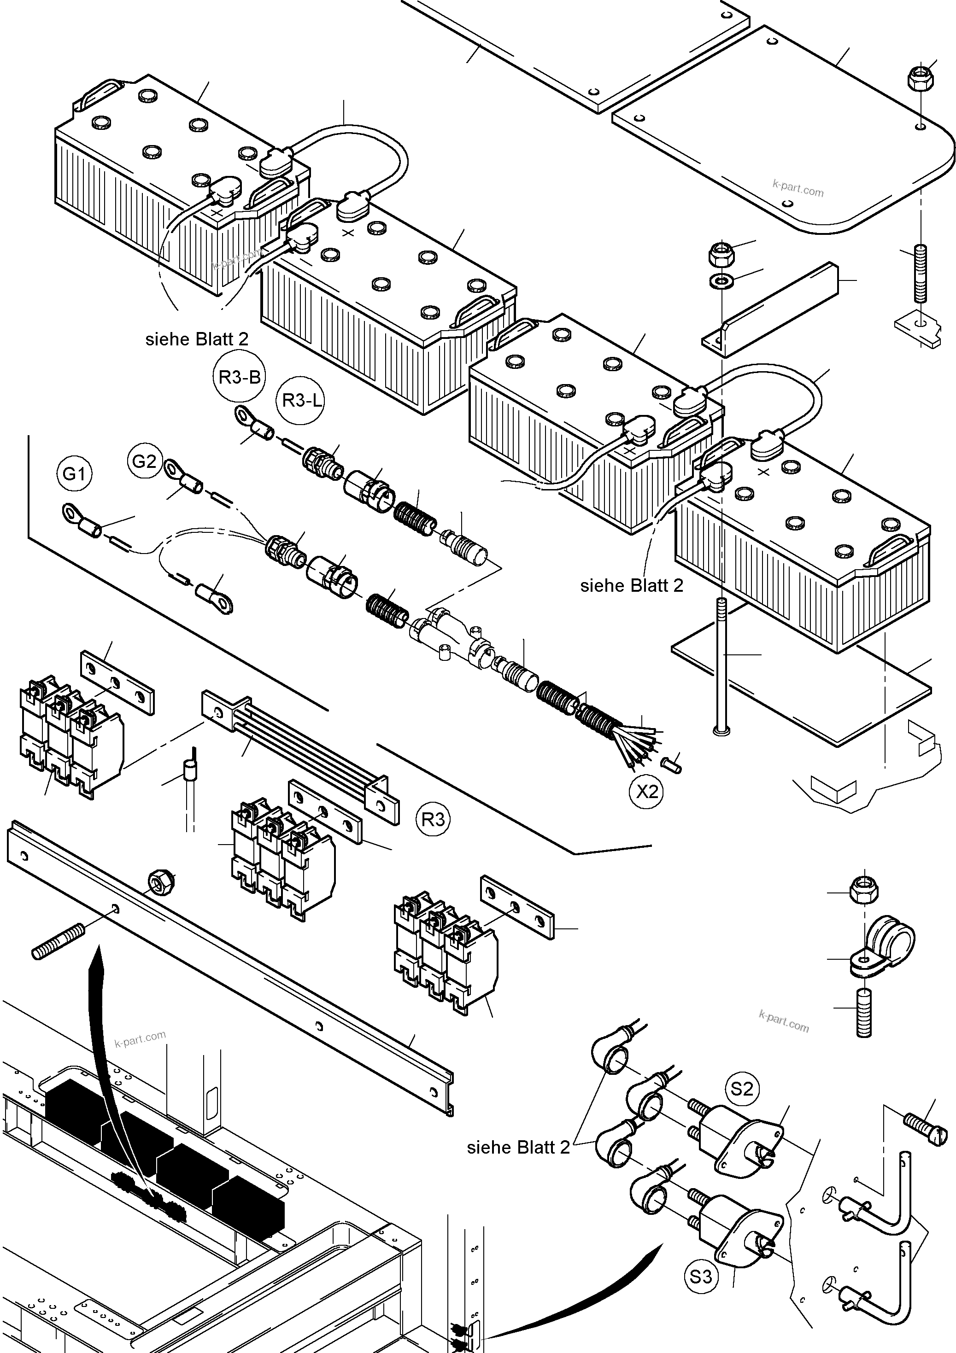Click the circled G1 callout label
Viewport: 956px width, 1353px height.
[x=75, y=474]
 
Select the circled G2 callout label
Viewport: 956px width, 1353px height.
[x=144, y=461]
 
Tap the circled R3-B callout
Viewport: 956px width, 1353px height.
[x=239, y=377]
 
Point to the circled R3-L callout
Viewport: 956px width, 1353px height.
[x=301, y=401]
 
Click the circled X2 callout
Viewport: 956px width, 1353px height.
[x=646, y=792]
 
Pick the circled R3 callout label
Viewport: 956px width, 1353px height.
[x=433, y=819]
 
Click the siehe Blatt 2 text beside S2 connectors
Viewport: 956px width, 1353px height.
[x=518, y=1147]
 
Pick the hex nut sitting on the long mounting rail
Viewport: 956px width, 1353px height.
[x=158, y=882]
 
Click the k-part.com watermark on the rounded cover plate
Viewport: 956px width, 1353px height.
[x=798, y=187]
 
